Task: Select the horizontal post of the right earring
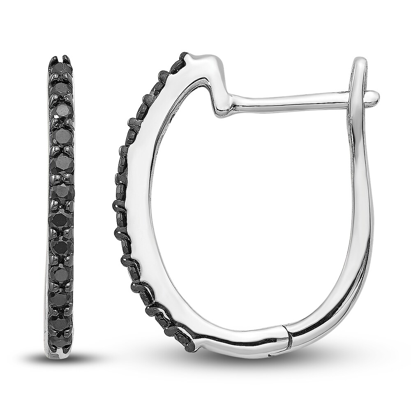click(x=288, y=100)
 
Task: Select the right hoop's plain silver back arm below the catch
click(x=362, y=205)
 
